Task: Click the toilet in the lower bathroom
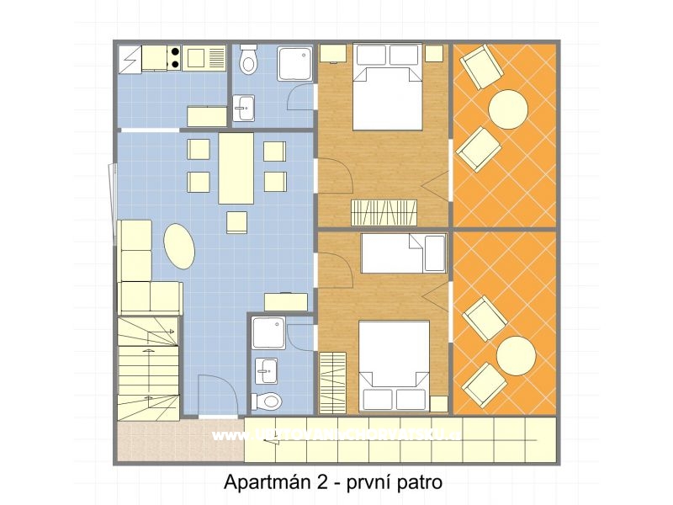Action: click(268, 399)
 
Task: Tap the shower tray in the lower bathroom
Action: click(268, 333)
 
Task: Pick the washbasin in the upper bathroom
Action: click(244, 107)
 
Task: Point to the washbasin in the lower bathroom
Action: click(267, 369)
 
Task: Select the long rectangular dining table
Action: click(236, 168)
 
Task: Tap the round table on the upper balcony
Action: click(508, 109)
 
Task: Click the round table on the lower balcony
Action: click(516, 356)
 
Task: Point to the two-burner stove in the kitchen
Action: click(174, 57)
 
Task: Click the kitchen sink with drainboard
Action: click(205, 57)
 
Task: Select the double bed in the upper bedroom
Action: click(387, 88)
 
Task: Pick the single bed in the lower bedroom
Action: click(404, 253)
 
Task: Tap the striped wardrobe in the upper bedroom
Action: click(377, 209)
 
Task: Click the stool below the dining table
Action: click(236, 221)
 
